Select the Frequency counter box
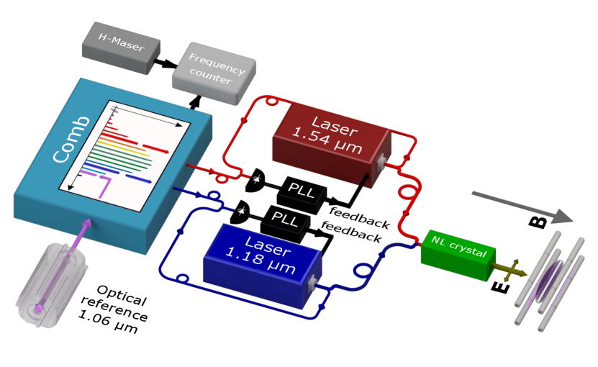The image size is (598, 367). point(213,68)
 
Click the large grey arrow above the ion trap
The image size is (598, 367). point(522,205)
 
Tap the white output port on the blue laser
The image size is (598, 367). point(314,286)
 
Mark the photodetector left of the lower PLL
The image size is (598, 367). point(241,211)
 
